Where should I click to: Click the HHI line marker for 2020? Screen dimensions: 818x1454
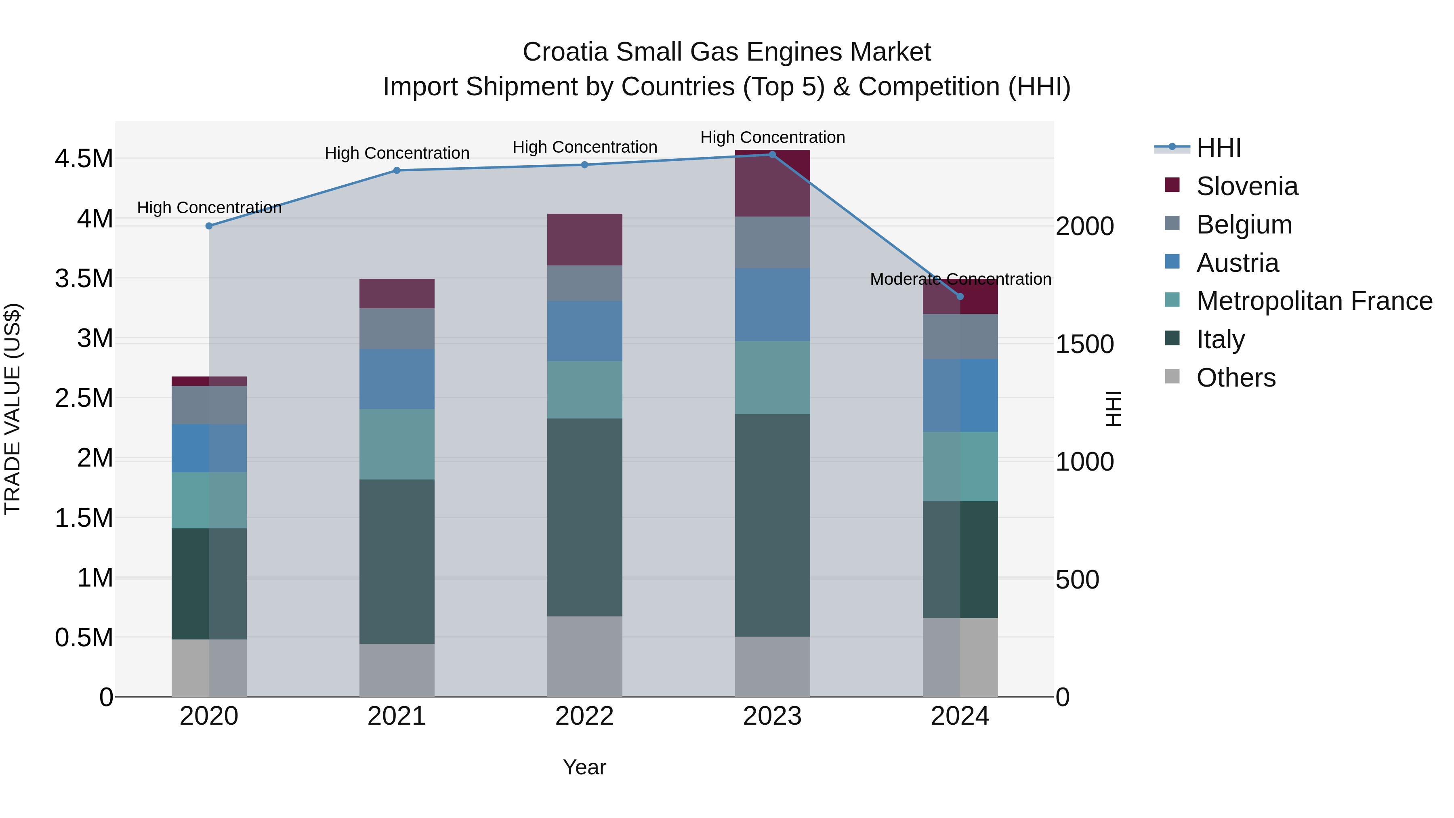coord(209,226)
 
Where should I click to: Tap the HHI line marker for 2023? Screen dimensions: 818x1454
coord(772,155)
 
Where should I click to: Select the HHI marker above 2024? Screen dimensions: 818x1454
coord(960,296)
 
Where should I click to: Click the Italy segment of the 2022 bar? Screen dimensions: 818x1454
coord(585,517)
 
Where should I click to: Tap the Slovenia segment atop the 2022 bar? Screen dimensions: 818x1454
coord(585,240)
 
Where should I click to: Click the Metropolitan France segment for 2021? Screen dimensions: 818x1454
coord(397,444)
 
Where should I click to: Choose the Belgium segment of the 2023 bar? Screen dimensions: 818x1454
coord(772,242)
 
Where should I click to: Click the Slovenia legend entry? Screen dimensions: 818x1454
coord(1246,186)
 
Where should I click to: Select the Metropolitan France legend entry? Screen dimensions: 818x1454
coord(1314,301)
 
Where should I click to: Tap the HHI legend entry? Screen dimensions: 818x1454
coord(1218,148)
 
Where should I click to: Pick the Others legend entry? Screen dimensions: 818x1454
coord(1235,378)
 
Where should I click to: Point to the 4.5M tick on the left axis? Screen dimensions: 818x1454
coord(84,159)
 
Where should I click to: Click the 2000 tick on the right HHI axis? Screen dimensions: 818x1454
coord(1085,226)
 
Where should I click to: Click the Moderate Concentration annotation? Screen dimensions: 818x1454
coord(960,279)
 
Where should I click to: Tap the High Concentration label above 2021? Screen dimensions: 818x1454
coord(397,153)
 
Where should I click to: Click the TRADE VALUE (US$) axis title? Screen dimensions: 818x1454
coord(13,409)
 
